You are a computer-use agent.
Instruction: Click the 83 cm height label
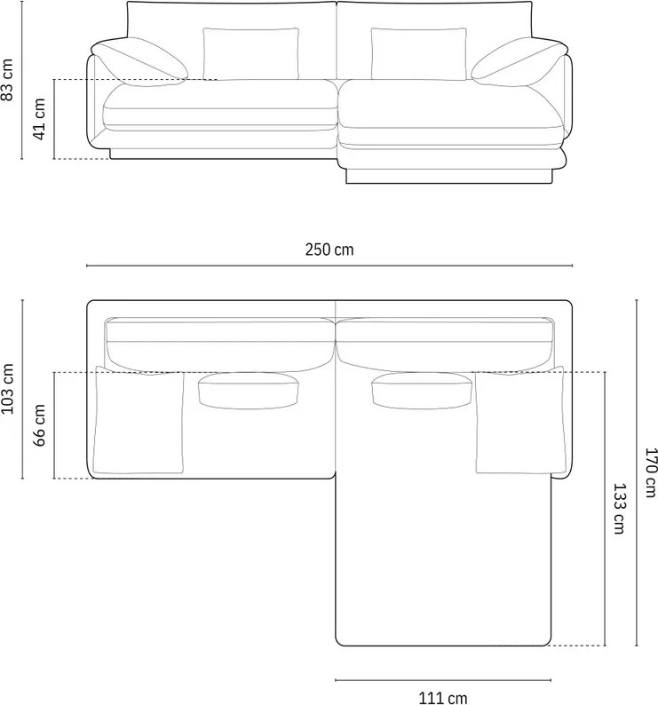(8, 79)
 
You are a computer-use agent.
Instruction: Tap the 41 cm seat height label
(40, 119)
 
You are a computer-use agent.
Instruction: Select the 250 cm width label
(329, 250)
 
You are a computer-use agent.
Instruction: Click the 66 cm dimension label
(40, 425)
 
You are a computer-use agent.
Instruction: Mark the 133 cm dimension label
(618, 509)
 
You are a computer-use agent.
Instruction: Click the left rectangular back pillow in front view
(251, 53)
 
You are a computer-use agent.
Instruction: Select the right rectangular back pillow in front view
(418, 53)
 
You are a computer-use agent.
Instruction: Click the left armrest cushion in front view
(139, 63)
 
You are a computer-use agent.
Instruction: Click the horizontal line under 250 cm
(329, 265)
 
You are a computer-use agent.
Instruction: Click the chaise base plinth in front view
(453, 174)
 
